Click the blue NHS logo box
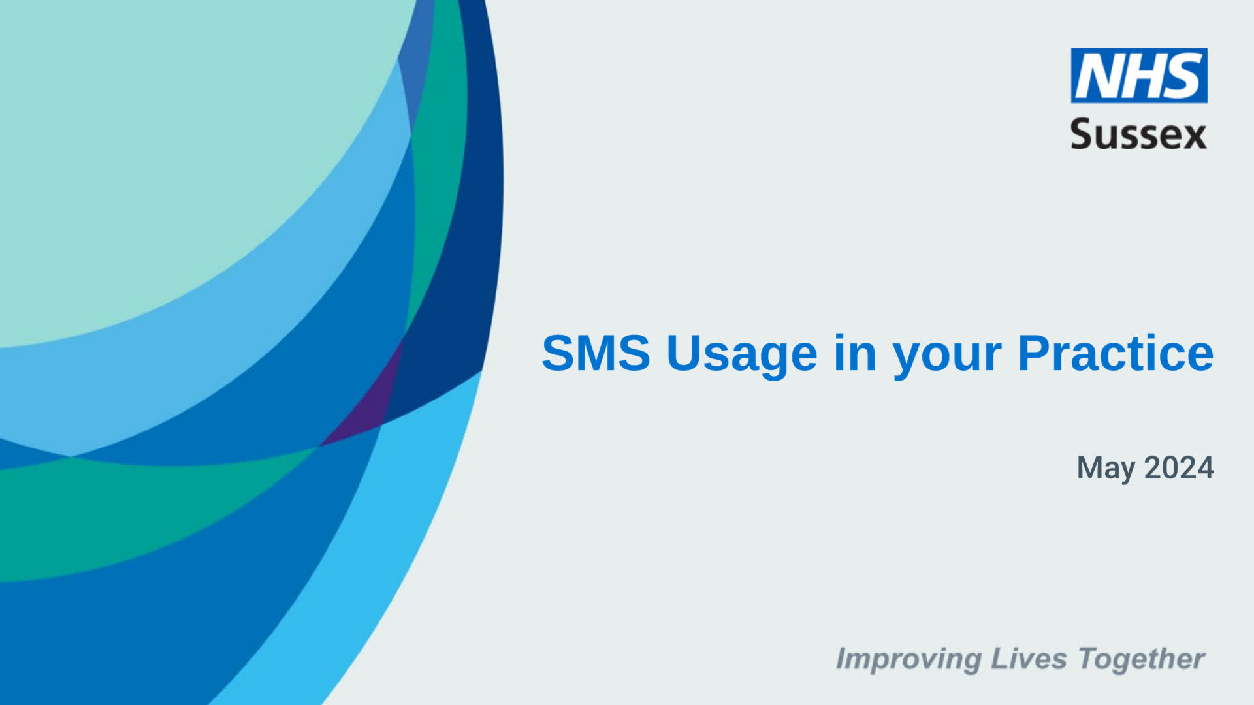pyautogui.click(x=1138, y=75)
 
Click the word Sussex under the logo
pyautogui.click(x=1138, y=134)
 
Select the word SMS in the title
pyautogui.click(x=596, y=353)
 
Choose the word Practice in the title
pyautogui.click(x=1116, y=353)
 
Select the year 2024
pyautogui.click(x=1179, y=467)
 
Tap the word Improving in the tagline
pyautogui.click(x=908, y=660)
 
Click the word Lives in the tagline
pyautogui.click(x=1029, y=658)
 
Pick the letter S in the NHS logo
pyautogui.click(x=1183, y=76)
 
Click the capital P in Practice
pyautogui.click(x=1033, y=353)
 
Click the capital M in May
pyautogui.click(x=1090, y=467)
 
